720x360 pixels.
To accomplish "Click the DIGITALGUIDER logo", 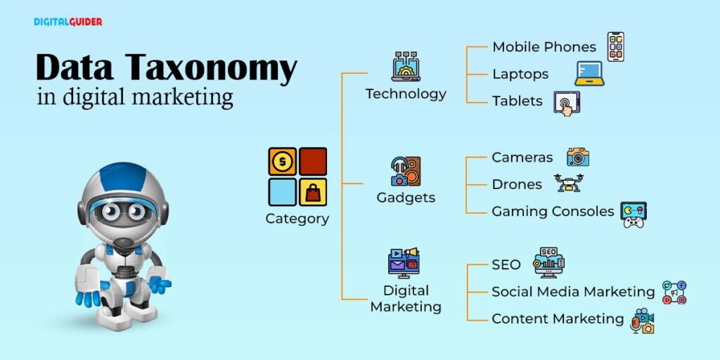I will [67, 22].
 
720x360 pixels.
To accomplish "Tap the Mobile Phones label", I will [544, 47].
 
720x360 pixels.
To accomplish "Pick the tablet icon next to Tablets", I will [566, 103].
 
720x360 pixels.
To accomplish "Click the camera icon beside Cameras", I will [577, 157].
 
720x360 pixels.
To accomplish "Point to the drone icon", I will [568, 183].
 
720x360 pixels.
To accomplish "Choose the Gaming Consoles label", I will [553, 212].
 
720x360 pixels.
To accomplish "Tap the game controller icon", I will [633, 214].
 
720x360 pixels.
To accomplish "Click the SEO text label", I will [506, 265].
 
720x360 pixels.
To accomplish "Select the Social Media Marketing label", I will [573, 291].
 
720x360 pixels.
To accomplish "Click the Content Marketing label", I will [558, 319].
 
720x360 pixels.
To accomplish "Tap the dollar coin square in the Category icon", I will [282, 161].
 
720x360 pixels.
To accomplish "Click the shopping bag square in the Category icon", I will [313, 191].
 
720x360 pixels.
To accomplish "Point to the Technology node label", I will [406, 94].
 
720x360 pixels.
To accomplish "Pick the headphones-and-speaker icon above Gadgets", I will [406, 171].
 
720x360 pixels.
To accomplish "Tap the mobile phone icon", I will [615, 46].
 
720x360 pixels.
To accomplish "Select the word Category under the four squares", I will [297, 219].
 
